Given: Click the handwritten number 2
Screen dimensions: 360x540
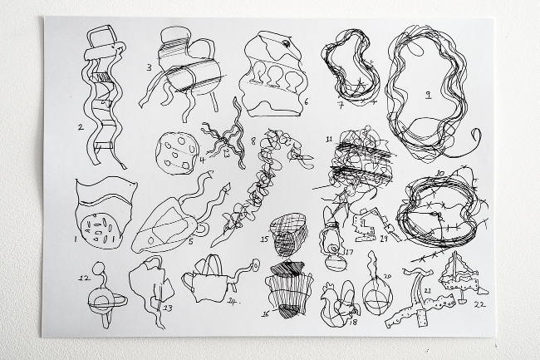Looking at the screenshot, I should tap(81, 127).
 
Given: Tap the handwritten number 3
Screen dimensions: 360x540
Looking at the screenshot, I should tap(149, 67).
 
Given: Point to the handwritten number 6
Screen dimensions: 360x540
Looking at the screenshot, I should tap(306, 102).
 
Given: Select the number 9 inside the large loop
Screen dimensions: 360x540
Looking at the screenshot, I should tap(428, 95).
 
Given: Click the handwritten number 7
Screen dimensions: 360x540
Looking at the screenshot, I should tap(341, 105).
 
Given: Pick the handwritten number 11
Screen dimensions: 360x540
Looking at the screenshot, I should tap(329, 139).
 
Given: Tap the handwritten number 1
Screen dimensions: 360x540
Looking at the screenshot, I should tap(75, 238).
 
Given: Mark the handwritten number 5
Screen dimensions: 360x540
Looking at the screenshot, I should tap(190, 241).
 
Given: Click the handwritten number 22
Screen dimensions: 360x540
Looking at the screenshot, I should tap(479, 305).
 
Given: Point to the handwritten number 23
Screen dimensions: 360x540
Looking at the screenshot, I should tap(168, 308).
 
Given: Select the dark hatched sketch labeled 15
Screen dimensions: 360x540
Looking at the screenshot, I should tap(289, 234).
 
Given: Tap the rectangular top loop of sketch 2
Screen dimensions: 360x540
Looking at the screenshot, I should tap(104, 37).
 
